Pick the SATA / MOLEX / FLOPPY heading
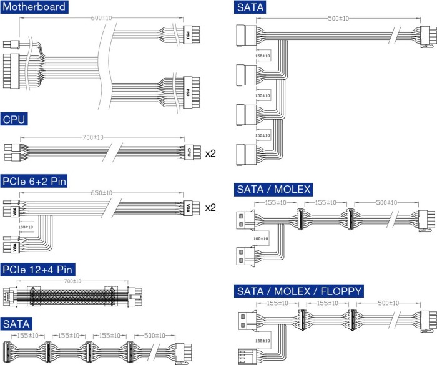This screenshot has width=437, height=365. point(299,291)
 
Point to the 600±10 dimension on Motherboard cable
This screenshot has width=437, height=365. point(101,17)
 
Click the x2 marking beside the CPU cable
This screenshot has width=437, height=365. point(210,152)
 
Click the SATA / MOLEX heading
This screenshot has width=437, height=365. point(273,189)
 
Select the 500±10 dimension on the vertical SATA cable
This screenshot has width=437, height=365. point(338,18)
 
